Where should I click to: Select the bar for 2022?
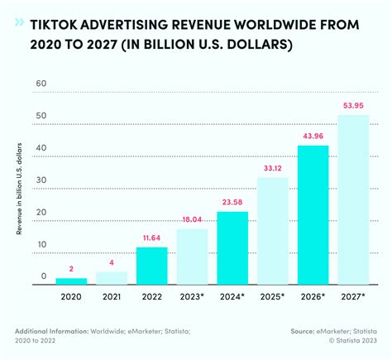(153, 266)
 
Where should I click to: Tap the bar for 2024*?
(233, 248)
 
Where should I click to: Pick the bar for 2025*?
(274, 232)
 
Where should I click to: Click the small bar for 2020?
(72, 281)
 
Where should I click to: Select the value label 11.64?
(153, 238)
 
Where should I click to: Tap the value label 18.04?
(193, 219)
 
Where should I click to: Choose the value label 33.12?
(274, 170)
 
